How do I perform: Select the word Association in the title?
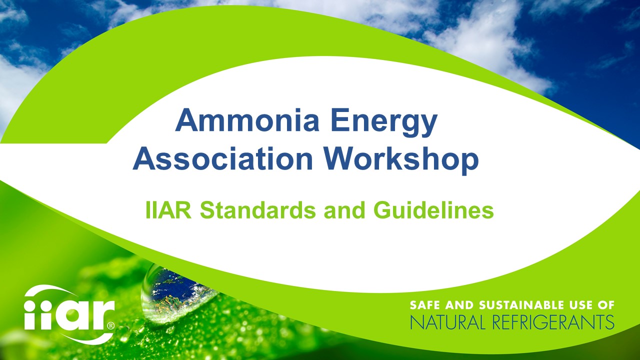[222, 159]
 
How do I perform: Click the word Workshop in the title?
[400, 159]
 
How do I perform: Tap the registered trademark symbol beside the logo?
[110, 325]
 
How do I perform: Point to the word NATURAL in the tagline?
[447, 322]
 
